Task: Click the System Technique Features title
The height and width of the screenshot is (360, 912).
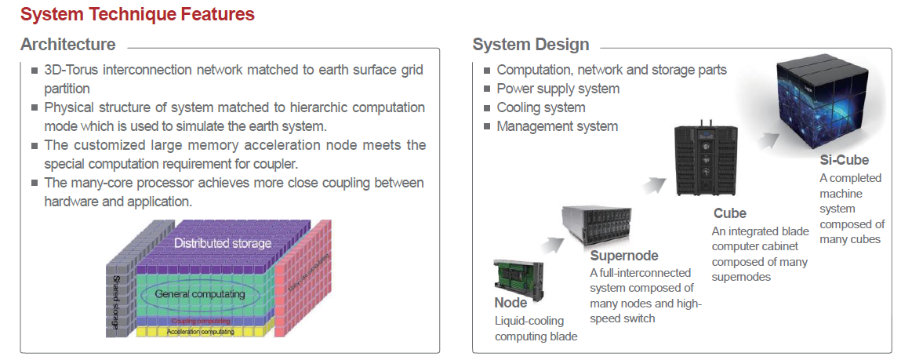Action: coord(137,14)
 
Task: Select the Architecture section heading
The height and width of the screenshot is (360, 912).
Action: coord(67,44)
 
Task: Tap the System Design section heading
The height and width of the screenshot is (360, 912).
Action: coord(530,44)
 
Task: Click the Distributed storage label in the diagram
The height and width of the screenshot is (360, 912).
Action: coord(223,243)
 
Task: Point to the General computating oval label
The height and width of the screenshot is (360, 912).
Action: coord(199,294)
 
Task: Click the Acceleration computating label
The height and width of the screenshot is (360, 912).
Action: coord(200,332)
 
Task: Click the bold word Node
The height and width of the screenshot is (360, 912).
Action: coord(511,303)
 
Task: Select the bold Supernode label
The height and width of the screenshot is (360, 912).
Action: coord(623,256)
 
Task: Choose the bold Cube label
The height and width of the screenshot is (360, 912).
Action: coord(729,213)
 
